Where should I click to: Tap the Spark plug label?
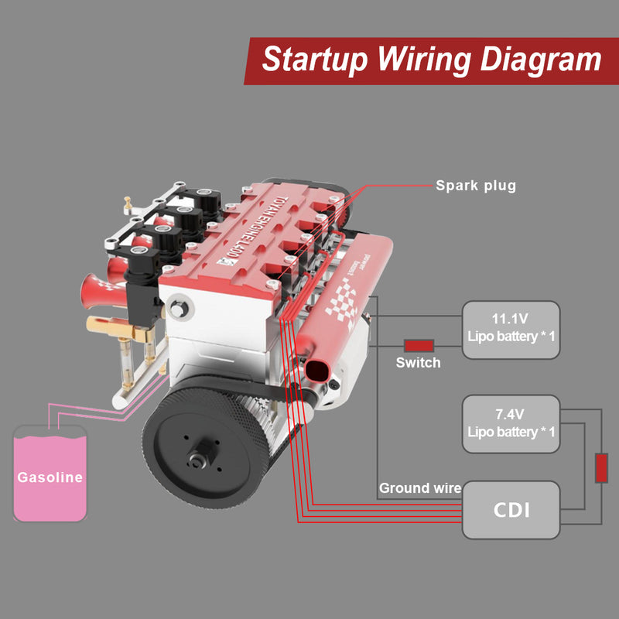475,186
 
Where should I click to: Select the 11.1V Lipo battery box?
511,330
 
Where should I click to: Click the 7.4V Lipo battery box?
511,424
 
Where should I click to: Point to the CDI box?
511,511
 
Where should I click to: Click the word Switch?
418,362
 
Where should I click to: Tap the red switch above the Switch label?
419,345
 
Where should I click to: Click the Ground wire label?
419,488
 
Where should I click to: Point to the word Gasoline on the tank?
50,477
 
